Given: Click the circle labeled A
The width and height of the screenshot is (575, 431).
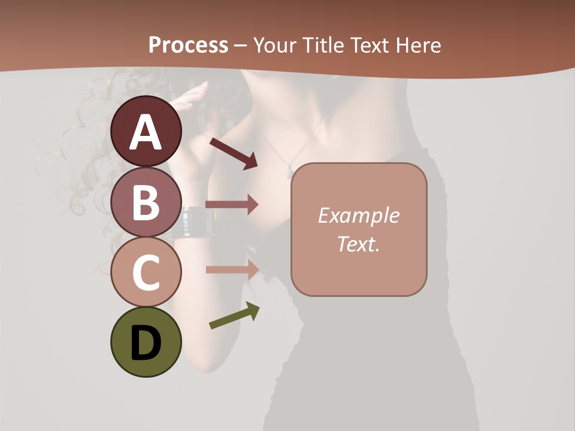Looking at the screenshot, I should click(x=146, y=132).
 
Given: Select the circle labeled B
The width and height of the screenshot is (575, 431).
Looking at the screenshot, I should click(x=146, y=202).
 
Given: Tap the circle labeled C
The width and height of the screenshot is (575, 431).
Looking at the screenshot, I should click(x=146, y=272).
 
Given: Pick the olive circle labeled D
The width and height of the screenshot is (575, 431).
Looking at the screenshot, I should click(x=146, y=342).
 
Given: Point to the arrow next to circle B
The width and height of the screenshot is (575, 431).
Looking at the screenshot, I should click(x=232, y=205).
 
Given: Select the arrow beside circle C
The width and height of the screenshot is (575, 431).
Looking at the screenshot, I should click(x=232, y=269).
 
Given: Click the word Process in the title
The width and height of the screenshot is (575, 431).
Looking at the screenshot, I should click(x=188, y=45).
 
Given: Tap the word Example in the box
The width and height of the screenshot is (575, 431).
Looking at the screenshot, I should click(x=359, y=215).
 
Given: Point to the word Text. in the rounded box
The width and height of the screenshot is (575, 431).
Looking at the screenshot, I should click(x=359, y=244).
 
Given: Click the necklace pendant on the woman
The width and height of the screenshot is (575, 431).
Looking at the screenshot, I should click(x=288, y=172).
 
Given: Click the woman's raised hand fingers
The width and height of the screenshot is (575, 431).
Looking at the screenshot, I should click(x=197, y=90).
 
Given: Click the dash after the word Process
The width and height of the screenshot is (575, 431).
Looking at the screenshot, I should click(x=241, y=45).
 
